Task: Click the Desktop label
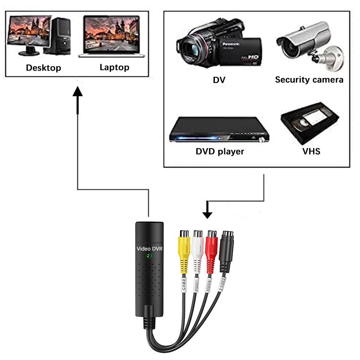pos(43,68)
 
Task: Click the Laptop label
pos(114,67)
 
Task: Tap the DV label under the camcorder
pos(219,80)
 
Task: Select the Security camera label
pos(309,79)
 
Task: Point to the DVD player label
pos(220,151)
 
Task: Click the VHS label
pos(311,151)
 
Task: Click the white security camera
pos(307,43)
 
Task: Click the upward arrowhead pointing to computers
pos(77,92)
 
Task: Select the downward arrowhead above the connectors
pos(207,214)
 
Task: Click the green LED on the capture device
pos(149,256)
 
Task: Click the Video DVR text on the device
pos(149,248)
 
